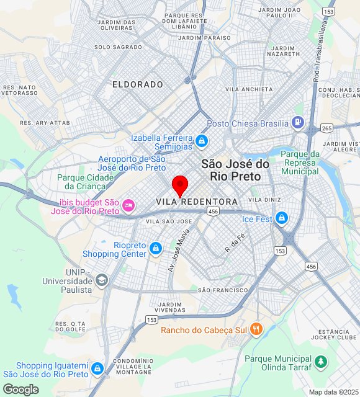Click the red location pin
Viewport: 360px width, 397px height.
(x=179, y=185)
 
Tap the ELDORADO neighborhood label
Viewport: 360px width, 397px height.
(x=138, y=84)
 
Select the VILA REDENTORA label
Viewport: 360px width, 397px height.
(x=197, y=202)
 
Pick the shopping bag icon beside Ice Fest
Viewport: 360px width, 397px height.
(x=282, y=218)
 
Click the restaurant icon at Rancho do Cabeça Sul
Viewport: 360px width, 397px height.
(x=256, y=329)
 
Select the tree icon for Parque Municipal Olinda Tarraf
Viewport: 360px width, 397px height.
(x=320, y=362)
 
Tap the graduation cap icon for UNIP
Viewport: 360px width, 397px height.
(x=101, y=281)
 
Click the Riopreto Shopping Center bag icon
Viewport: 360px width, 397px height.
(x=156, y=249)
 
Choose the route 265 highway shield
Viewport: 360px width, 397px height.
(x=327, y=128)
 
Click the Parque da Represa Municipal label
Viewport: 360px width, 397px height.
(x=300, y=163)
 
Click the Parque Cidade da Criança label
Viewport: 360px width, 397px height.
(x=86, y=182)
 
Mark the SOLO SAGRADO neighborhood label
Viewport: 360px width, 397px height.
(x=119, y=47)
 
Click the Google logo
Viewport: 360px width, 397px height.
(x=20, y=389)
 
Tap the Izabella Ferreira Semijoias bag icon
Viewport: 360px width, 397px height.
(x=201, y=141)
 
